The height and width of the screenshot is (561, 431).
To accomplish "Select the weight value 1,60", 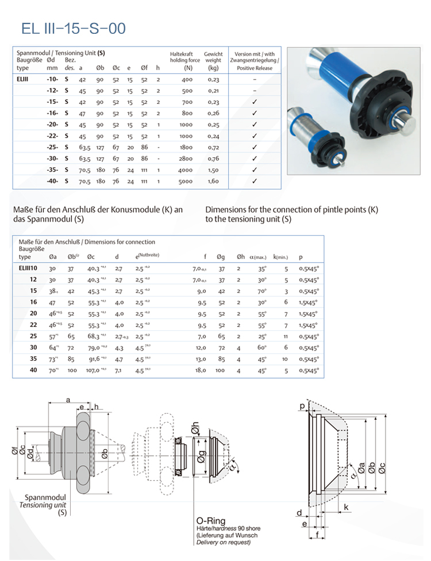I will coord(213,181).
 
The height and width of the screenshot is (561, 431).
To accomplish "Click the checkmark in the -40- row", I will coord(254,181).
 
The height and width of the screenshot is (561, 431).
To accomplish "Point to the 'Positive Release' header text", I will coord(254,68).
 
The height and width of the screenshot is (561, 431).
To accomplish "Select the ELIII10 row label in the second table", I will coord(28,268).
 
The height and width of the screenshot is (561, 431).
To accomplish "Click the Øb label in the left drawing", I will coord(105,454).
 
